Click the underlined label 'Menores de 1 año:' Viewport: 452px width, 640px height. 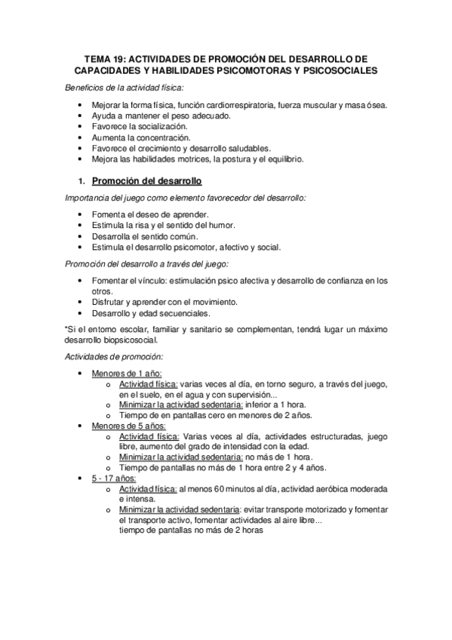tap(127, 374)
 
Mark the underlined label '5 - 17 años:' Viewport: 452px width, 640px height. tap(113, 478)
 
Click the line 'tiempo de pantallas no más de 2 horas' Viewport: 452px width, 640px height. tap(192, 531)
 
